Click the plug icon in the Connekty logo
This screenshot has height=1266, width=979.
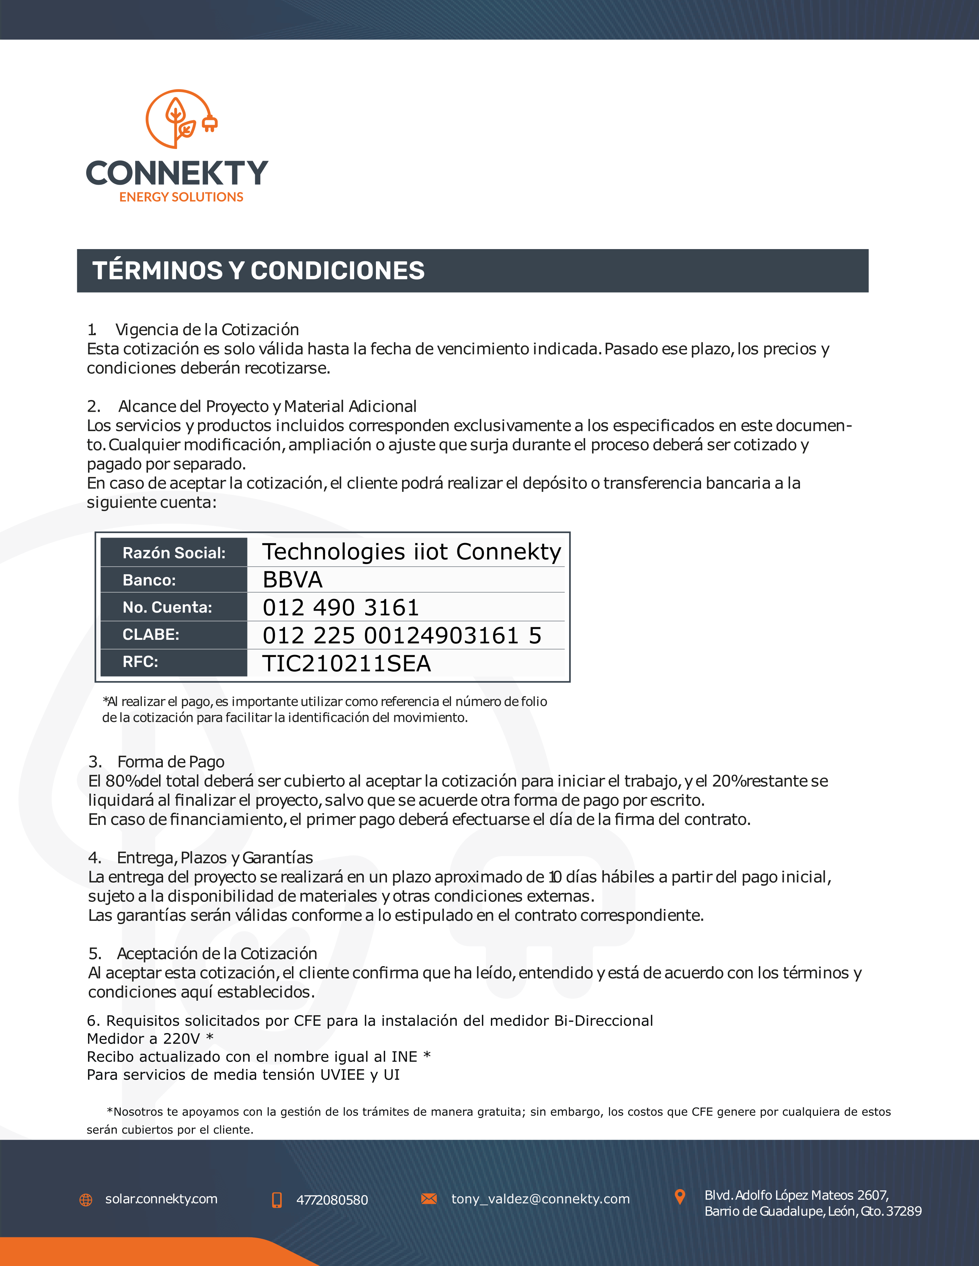click(x=209, y=123)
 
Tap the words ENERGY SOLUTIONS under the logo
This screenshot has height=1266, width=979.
click(x=181, y=197)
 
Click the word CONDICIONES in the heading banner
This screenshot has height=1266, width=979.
click(x=338, y=271)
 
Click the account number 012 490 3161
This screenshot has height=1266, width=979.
click(x=341, y=607)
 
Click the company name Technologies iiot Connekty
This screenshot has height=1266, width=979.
click(x=412, y=552)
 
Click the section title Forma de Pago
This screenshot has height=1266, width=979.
click(x=170, y=762)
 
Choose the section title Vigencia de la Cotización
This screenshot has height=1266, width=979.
click(x=207, y=330)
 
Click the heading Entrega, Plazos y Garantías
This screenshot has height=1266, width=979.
click(x=215, y=858)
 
